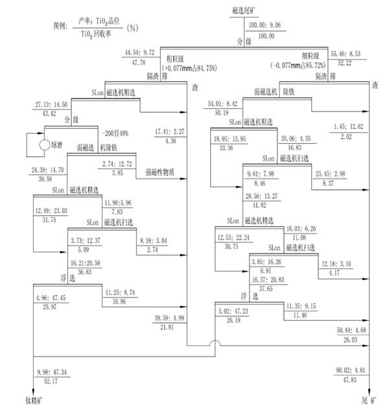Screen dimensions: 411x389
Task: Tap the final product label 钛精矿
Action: (32, 401)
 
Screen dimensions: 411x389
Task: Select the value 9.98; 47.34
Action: (53, 373)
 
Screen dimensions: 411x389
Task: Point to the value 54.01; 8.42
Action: (223, 103)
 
